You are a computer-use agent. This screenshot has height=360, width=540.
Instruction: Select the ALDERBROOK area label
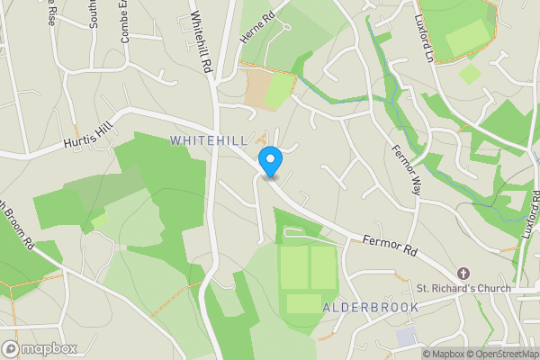(371, 308)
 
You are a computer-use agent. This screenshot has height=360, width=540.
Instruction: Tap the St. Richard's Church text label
(463, 289)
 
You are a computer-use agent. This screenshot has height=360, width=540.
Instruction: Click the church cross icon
(463, 273)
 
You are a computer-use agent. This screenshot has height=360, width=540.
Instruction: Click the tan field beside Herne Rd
(258, 87)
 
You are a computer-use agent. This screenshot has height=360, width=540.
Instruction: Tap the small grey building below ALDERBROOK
(406, 336)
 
